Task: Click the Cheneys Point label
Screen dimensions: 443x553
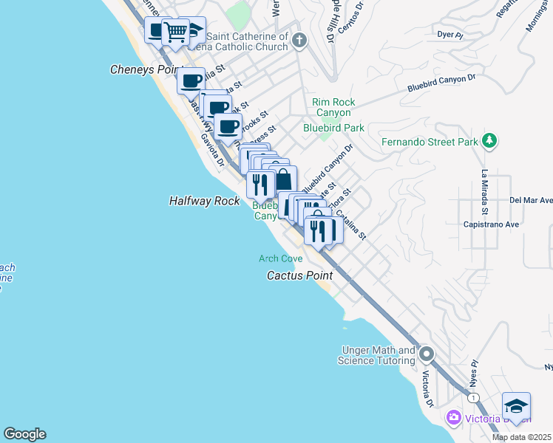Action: tap(146, 69)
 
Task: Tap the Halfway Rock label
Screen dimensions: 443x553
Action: tap(204, 201)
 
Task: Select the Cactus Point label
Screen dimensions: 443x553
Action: tap(299, 275)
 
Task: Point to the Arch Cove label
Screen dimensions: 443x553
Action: tap(280, 258)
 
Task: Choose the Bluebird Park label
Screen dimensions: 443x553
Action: tap(333, 128)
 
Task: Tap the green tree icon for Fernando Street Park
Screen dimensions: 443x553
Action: tap(488, 140)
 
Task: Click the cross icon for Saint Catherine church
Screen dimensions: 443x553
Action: tap(299, 40)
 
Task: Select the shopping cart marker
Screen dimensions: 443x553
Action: tap(175, 32)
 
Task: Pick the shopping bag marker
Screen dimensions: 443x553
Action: tap(283, 179)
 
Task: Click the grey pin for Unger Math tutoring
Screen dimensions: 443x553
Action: tap(427, 354)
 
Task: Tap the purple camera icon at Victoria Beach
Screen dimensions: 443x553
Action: tap(453, 419)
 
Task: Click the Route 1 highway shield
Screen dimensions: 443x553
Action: tap(472, 398)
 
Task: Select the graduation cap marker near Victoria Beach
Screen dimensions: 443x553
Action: tap(516, 406)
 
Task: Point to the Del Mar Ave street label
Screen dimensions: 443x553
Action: tap(530, 200)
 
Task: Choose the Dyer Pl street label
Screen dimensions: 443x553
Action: tap(449, 34)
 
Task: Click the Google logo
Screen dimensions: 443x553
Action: tap(24, 434)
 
